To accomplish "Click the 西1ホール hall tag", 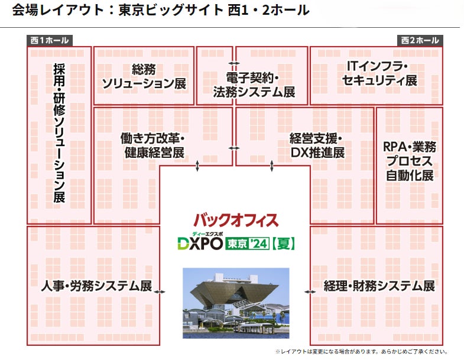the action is pyautogui.click(x=48, y=41).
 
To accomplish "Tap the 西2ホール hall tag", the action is pyautogui.click(x=420, y=41).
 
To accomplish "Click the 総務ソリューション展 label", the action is pyautogui.click(x=144, y=76).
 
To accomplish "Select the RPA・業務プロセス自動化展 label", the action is pyautogui.click(x=409, y=161).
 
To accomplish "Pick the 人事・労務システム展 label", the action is pyautogui.click(x=96, y=286).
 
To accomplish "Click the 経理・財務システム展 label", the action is pyautogui.click(x=379, y=286).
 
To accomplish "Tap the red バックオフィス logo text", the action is pyautogui.click(x=235, y=220).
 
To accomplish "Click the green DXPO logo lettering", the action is pyautogui.click(x=199, y=243).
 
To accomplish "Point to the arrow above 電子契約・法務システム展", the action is pyautogui.click(x=235, y=63).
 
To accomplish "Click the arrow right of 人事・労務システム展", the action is pyautogui.click(x=160, y=291).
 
